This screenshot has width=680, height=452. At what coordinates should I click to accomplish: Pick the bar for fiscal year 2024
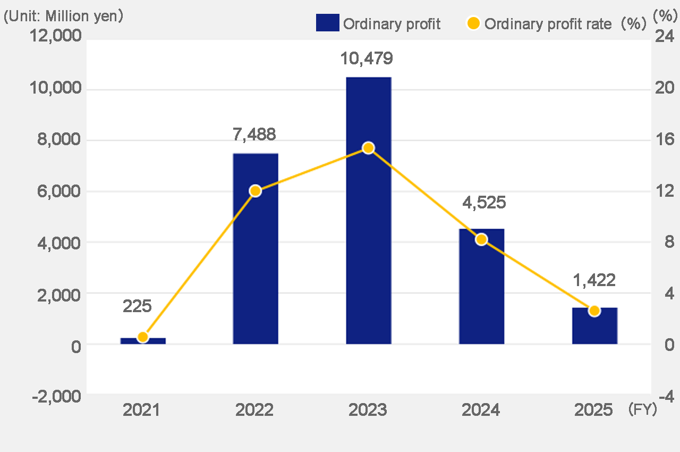(x=481, y=287)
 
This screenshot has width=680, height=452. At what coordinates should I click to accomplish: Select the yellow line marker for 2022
(x=256, y=191)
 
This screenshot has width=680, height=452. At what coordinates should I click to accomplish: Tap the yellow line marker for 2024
(x=481, y=239)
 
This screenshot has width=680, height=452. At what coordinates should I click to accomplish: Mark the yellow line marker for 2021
(x=142, y=337)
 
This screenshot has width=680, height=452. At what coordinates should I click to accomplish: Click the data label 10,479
(x=367, y=58)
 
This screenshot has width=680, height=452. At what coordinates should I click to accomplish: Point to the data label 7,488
(x=254, y=135)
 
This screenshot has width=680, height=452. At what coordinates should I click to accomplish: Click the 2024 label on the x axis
(x=481, y=410)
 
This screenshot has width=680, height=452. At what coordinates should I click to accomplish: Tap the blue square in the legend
(x=327, y=24)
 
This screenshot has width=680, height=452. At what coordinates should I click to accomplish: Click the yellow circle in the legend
(x=473, y=24)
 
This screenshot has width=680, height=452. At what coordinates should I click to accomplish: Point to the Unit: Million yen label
(x=64, y=16)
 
